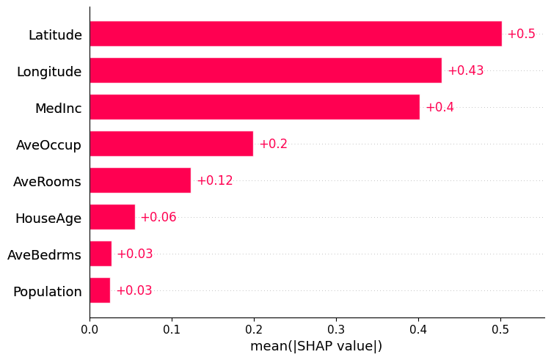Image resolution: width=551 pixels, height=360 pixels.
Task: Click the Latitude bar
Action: click(295, 34)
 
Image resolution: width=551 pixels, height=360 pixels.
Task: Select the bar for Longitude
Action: click(266, 70)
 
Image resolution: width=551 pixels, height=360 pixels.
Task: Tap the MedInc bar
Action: click(255, 107)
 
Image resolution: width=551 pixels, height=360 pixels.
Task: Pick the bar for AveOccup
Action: click(171, 144)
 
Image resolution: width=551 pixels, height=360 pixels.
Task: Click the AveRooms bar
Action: click(140, 180)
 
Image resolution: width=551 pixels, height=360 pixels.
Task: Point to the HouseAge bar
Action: click(112, 217)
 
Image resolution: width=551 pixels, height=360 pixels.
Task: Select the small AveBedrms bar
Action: click(101, 254)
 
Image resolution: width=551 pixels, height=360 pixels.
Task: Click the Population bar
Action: click(100, 290)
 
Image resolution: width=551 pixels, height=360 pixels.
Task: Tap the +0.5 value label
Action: click(521, 34)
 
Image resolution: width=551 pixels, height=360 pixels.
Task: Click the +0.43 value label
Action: click(465, 71)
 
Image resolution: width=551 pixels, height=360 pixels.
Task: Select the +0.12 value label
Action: click(214, 181)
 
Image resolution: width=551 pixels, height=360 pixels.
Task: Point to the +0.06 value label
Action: click(158, 218)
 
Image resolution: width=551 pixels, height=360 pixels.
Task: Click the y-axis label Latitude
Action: click(55, 35)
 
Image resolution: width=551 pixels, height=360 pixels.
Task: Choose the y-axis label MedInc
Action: click(58, 109)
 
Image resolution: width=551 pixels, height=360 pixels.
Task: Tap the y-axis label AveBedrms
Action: click(44, 255)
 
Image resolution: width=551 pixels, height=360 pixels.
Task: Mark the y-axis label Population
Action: click(47, 292)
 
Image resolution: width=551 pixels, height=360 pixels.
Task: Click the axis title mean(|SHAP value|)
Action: click(316, 346)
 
